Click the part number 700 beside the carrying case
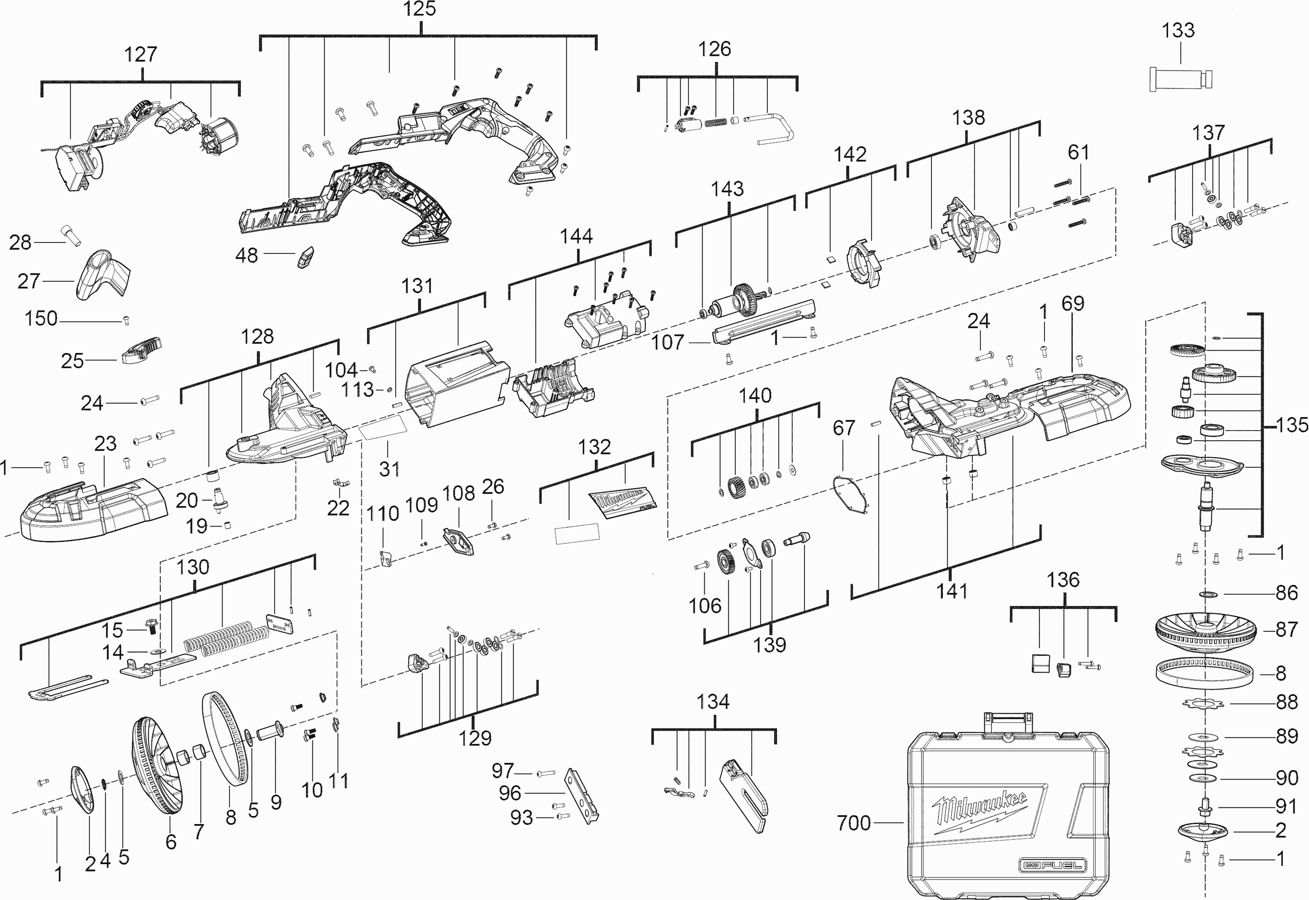tap(854, 823)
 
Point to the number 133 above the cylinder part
tap(1178, 31)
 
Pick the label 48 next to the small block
tap(247, 256)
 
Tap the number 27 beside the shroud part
tap(29, 281)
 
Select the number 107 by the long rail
tap(668, 342)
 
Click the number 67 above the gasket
tap(844, 428)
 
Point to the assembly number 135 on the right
tap(1292, 425)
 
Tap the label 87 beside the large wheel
tap(1286, 630)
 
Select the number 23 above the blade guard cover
tap(106, 444)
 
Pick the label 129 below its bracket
tap(475, 738)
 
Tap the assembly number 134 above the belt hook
tap(713, 702)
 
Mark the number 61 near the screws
tap(1078, 152)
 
